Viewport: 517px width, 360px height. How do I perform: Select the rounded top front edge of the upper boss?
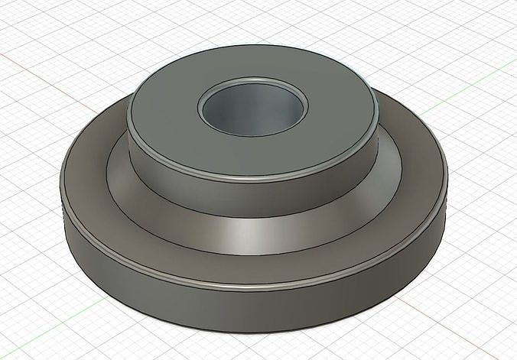pos(252,179)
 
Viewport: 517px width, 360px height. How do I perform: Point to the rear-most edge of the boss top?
pos(252,47)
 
